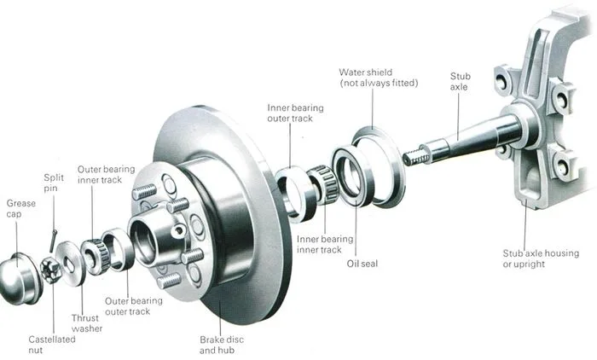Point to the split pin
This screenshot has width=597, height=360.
(53, 240)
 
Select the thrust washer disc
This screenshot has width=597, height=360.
(71, 263)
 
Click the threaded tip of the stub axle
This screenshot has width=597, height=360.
(413, 156)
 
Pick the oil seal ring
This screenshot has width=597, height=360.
(351, 176)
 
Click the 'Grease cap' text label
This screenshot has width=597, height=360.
(21, 209)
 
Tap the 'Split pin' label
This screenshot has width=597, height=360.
(54, 183)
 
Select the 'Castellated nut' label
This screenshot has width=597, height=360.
(52, 345)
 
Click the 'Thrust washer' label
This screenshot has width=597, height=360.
(87, 323)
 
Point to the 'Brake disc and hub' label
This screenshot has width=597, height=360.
(222, 345)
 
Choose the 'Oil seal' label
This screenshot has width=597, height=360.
(362, 264)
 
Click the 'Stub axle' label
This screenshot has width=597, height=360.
(460, 82)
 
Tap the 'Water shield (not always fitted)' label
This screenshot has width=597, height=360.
(379, 78)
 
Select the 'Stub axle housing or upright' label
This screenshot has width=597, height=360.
(541, 258)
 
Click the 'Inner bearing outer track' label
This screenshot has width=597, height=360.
(295, 113)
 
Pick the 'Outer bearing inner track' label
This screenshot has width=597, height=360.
(106, 175)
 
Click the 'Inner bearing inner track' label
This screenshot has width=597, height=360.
(325, 245)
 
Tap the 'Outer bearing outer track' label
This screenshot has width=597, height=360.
(133, 306)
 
